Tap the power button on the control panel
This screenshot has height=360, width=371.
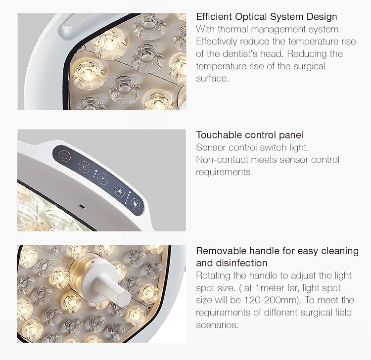click(65, 156)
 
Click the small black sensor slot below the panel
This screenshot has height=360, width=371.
click(82, 207)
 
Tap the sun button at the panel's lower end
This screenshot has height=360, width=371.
click(136, 204)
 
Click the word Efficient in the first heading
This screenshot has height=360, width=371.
click(214, 17)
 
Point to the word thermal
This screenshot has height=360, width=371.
click(232, 29)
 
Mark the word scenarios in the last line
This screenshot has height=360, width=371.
click(217, 325)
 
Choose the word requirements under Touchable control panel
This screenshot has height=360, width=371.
click(224, 172)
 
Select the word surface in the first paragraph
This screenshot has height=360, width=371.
click(212, 79)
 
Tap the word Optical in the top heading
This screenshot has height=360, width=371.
click(251, 17)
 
